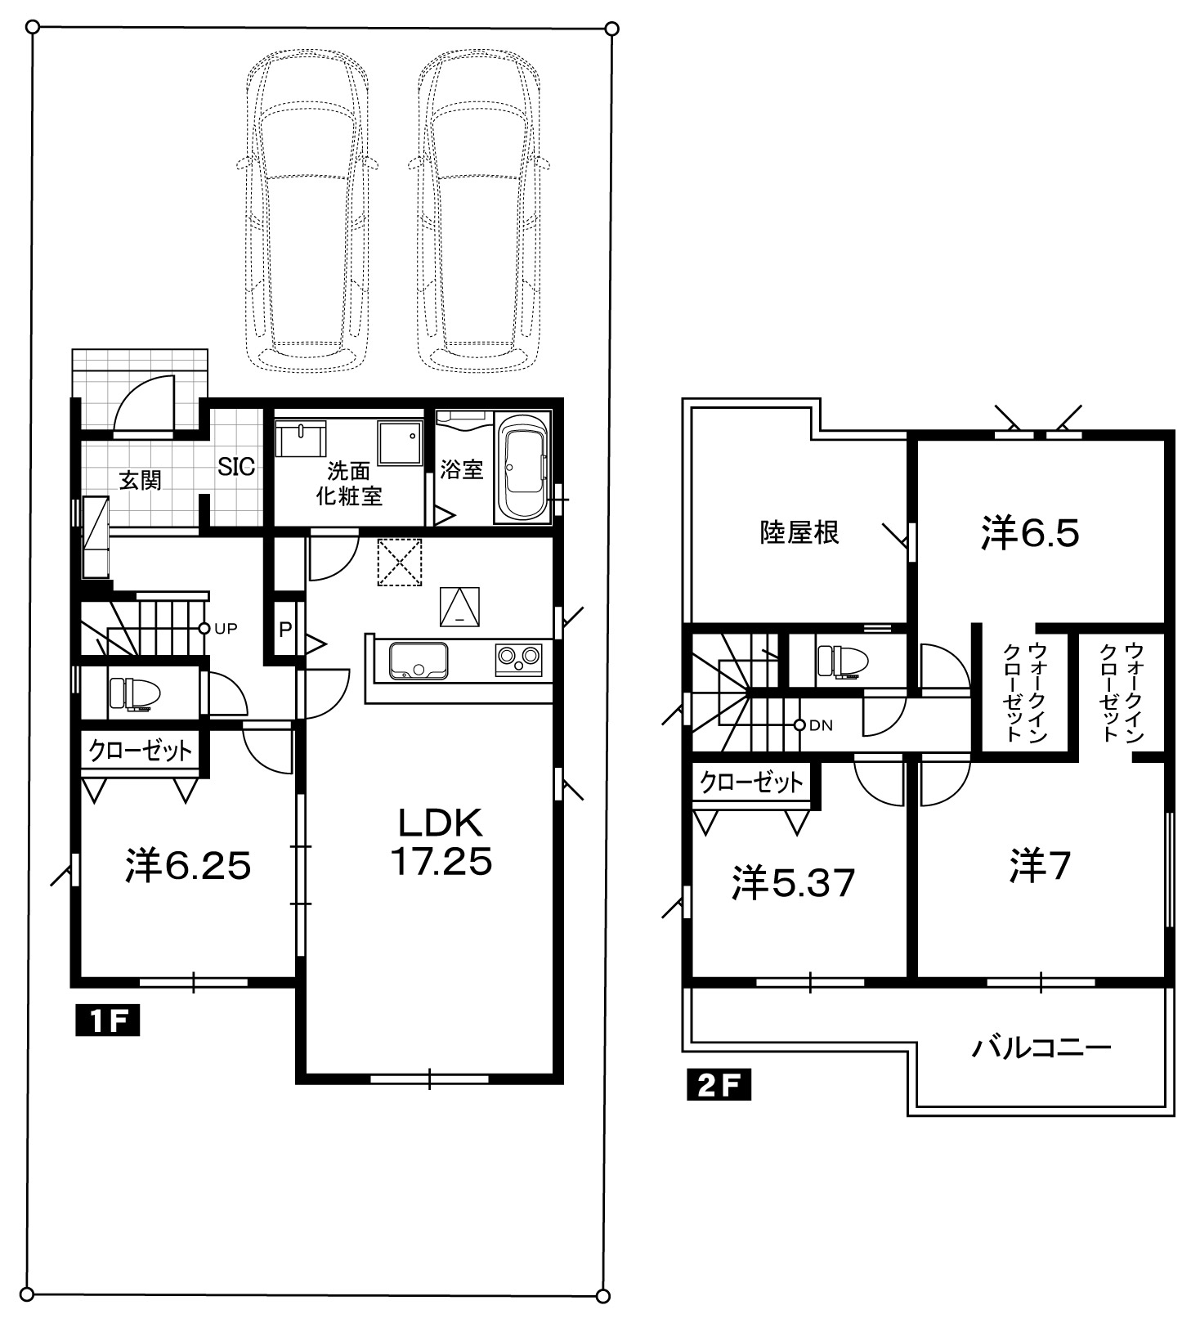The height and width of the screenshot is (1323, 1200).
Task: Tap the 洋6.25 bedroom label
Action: click(188, 866)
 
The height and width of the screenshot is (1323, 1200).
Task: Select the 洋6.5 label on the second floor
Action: click(1030, 533)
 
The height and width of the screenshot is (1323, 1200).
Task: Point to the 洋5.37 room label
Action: click(793, 883)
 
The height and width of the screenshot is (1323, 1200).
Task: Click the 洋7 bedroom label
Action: click(1040, 866)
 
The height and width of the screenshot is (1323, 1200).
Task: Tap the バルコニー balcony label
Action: click(1041, 1047)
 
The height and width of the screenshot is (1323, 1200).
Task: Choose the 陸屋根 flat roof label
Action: click(799, 533)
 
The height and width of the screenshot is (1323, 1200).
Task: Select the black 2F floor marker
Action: click(719, 1084)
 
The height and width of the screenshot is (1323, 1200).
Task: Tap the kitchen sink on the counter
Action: click(419, 661)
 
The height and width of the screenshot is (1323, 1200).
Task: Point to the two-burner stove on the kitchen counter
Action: click(518, 659)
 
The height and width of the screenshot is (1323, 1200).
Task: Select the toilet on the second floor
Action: click(841, 661)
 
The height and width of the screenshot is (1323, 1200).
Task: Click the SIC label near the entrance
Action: click(236, 468)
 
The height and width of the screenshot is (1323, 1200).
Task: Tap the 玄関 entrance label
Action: click(141, 480)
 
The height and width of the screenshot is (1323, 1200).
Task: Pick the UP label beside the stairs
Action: click(226, 629)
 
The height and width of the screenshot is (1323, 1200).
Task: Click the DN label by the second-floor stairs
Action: click(821, 725)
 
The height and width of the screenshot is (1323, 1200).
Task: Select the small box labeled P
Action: click(285, 630)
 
